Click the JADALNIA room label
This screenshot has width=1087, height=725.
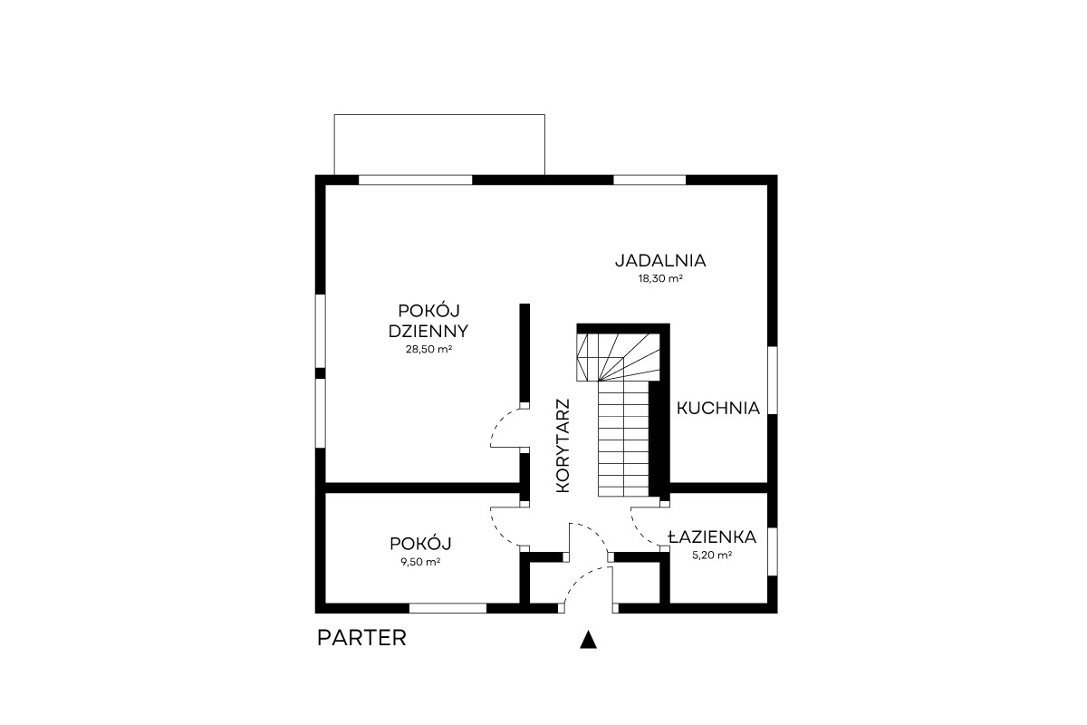660,261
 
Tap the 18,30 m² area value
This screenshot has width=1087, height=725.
660,279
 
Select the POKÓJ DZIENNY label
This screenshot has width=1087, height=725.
428,321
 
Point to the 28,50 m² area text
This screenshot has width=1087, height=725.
429,349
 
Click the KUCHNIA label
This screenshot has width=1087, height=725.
718,409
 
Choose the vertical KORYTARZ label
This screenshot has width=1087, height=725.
563,446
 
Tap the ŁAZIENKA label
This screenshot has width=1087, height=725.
712,537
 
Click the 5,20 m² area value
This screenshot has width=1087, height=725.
712,555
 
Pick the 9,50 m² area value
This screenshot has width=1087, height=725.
420,562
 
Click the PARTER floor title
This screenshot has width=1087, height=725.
361,638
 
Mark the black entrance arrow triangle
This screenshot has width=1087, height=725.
588,640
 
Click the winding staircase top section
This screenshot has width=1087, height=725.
618,357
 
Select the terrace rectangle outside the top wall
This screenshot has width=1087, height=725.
439,145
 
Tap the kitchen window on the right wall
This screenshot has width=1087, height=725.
772,381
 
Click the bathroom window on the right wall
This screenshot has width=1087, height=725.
772,552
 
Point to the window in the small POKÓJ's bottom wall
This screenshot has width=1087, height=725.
447,608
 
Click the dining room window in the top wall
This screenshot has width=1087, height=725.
649,179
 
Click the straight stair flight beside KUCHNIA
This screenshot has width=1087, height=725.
623,439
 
